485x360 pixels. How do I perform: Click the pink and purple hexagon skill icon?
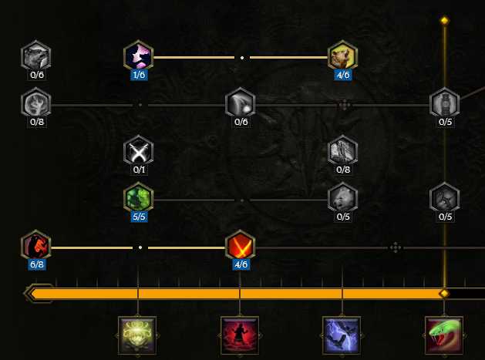[x=138, y=56]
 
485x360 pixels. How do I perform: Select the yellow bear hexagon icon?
[x=342, y=56]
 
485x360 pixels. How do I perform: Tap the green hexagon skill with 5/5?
[x=138, y=197]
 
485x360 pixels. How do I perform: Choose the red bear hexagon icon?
[x=36, y=245]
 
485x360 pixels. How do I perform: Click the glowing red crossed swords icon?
[x=241, y=245]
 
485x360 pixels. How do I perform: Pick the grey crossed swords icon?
[x=138, y=150]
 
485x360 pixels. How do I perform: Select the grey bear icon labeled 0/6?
[x=36, y=56]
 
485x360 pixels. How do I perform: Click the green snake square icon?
[x=444, y=335]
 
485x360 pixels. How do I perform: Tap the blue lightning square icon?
[x=342, y=335]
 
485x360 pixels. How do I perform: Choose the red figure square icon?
[x=240, y=335]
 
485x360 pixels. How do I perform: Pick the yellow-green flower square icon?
[x=137, y=335]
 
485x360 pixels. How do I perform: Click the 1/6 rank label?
[x=139, y=75]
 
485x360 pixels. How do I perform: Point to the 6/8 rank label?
[x=37, y=264]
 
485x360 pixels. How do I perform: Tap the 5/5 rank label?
[x=139, y=217]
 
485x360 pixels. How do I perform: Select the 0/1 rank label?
[x=139, y=170]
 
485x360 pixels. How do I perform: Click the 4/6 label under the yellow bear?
[x=343, y=75]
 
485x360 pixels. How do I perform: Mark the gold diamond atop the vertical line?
[x=444, y=21]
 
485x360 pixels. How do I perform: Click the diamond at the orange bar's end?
[x=444, y=293]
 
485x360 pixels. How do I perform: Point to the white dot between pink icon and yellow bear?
[x=242, y=58]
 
